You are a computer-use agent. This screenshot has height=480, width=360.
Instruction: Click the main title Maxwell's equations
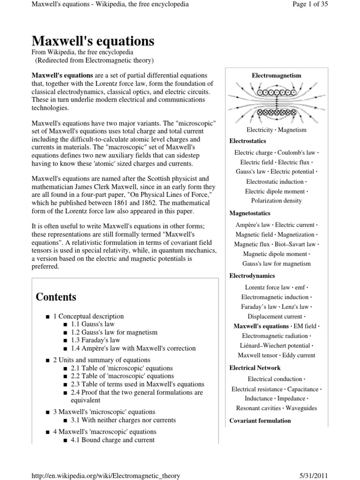93,41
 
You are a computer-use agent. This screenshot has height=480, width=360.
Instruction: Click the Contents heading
56,297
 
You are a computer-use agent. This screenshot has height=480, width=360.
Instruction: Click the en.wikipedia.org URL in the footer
105,475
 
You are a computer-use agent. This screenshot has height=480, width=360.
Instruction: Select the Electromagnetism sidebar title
276,75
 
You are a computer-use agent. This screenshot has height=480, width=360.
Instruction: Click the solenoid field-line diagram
276,102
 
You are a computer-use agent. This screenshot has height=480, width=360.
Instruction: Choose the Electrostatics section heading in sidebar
247,141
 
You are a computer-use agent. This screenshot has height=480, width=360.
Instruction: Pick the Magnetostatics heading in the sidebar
249,213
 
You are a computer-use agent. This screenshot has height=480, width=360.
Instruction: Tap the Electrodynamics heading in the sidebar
252,276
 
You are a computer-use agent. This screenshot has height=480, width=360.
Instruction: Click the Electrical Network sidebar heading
255,368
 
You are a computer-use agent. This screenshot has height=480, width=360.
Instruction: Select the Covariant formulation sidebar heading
260,421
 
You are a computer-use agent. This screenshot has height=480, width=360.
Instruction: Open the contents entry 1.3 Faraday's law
95,340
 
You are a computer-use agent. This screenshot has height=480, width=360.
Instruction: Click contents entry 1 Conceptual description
88,316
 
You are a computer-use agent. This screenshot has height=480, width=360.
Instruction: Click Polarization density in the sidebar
276,201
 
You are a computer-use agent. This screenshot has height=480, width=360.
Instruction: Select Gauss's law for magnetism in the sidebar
276,264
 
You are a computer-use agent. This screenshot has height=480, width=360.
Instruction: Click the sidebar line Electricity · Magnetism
276,130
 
